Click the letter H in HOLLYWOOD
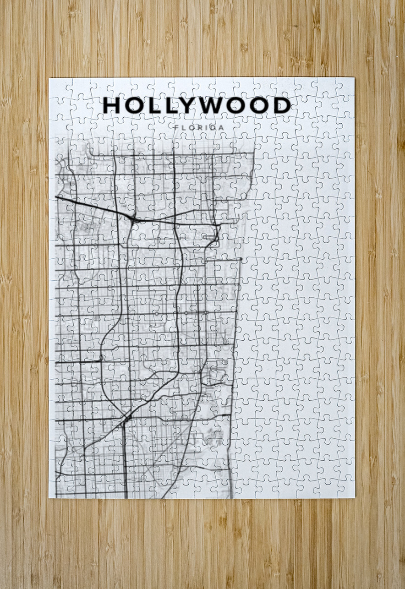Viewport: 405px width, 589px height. point(111,105)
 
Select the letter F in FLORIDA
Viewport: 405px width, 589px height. point(177,127)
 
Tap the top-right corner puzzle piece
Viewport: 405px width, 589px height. point(346,87)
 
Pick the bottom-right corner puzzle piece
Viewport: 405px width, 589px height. point(346,489)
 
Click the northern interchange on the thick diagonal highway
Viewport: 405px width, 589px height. point(133,219)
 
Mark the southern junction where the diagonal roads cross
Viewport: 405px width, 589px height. point(126,417)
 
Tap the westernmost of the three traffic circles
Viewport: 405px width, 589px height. point(156,314)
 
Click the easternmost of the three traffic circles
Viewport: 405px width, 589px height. point(206,313)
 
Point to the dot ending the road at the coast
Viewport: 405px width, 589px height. point(241,259)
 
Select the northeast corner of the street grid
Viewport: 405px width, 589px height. point(253,153)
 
